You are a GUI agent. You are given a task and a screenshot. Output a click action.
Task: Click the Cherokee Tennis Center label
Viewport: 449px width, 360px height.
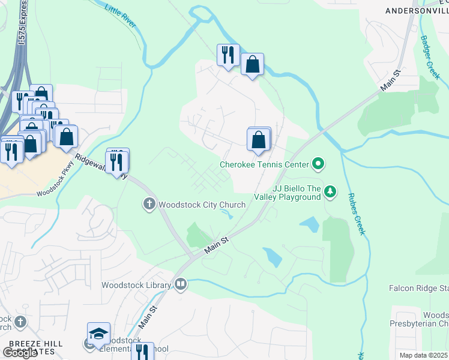[264, 164]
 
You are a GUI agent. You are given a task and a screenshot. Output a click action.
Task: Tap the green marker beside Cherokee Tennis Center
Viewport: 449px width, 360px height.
[318, 164]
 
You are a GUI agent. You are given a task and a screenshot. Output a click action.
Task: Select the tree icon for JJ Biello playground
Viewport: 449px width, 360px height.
[330, 192]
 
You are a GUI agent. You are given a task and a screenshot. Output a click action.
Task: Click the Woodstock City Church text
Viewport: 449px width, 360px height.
[202, 205]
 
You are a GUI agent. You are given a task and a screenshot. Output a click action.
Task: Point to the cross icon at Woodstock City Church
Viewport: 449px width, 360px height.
[149, 205]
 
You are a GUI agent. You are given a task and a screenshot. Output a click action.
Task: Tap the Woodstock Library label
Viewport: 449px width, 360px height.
[137, 284]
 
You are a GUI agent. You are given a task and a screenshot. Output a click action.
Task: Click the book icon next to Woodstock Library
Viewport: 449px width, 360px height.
[181, 284]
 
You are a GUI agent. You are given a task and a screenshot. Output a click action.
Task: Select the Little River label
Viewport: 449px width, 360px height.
[120, 16]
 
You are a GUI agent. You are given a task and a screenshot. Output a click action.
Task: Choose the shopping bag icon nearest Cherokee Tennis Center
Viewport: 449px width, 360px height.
[258, 140]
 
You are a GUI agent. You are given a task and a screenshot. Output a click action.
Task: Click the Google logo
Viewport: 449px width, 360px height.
[20, 353]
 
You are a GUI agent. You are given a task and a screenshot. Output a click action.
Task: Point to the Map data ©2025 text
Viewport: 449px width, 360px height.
[423, 355]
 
